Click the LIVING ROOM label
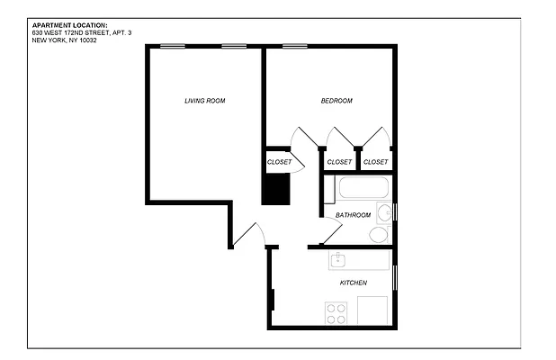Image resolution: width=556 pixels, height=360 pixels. tap(204, 101)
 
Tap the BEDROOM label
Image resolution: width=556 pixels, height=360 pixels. tap(336, 101)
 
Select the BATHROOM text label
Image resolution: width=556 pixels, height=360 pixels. tap(353, 215)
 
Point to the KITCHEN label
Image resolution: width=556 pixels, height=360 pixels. tap(353, 283)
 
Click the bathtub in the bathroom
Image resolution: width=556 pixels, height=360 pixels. tap(363, 190)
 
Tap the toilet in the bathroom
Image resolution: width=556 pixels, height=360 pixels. tap(379, 235)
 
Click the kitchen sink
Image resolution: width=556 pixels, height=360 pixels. tap(339, 261)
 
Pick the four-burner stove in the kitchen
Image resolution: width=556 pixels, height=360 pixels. tap(336, 313)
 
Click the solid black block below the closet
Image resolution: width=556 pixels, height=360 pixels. tap(276, 189)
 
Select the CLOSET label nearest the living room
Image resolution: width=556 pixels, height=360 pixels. tap(279, 162)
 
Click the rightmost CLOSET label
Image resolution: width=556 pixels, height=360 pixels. tap(376, 162)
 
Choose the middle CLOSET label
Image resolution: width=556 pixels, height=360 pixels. tap(339, 162)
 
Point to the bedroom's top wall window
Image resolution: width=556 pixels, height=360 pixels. tap(294, 46)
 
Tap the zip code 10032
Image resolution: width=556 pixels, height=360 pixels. tap(85, 40)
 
